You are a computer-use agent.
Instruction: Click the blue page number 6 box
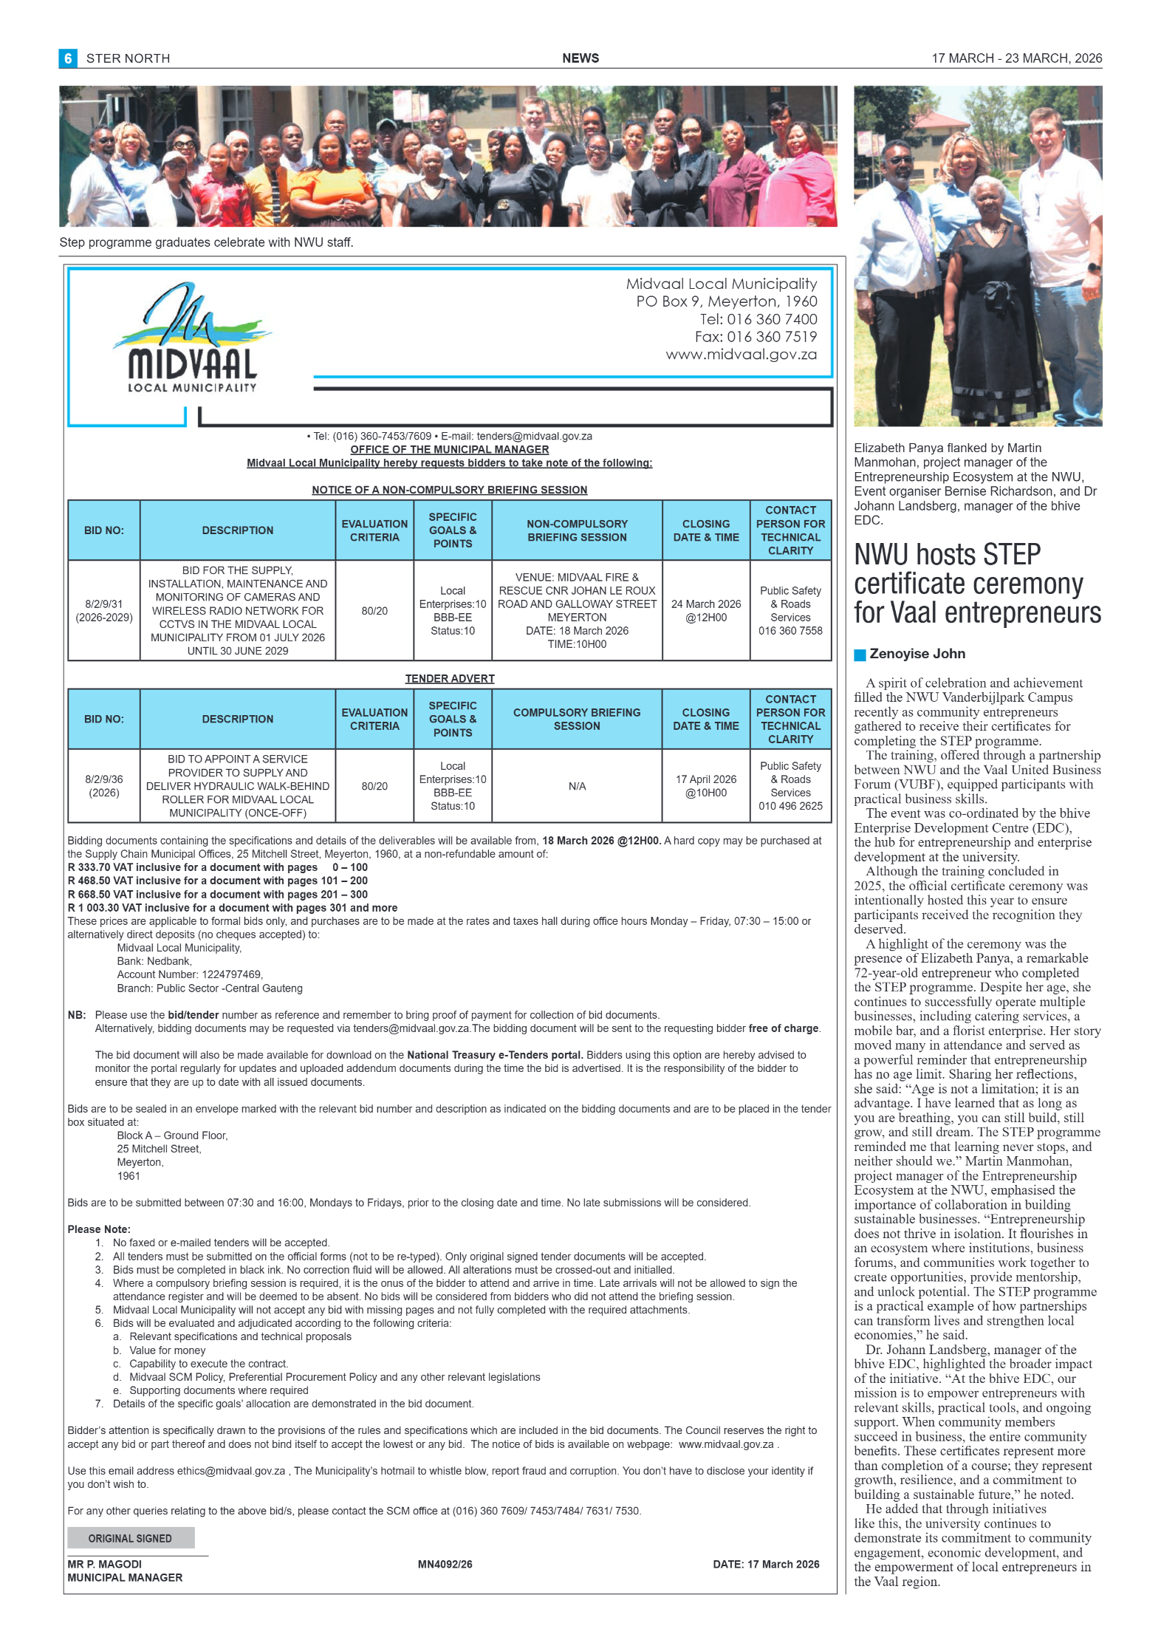tap(68, 58)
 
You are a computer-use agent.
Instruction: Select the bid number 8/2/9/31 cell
tap(104, 610)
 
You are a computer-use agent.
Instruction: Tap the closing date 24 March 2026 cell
tap(705, 610)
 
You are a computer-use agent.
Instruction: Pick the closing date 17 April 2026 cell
tap(705, 786)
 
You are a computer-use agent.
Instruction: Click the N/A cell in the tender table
tap(577, 786)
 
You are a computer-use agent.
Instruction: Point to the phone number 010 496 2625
tap(790, 806)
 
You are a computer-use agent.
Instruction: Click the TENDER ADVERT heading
tap(450, 678)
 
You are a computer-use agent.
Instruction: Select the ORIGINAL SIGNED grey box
tap(131, 1538)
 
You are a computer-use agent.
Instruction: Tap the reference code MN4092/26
tap(445, 1564)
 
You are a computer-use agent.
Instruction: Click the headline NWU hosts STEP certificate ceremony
tap(976, 584)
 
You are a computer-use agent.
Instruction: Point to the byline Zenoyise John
tap(917, 654)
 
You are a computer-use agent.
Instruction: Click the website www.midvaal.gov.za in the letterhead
tap(741, 355)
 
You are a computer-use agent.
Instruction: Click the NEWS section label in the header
tap(580, 58)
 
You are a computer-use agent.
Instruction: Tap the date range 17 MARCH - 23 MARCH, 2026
tap(1016, 58)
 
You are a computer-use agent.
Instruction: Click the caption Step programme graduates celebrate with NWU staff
tap(206, 242)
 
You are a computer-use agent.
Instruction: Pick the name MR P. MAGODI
tap(105, 1564)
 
